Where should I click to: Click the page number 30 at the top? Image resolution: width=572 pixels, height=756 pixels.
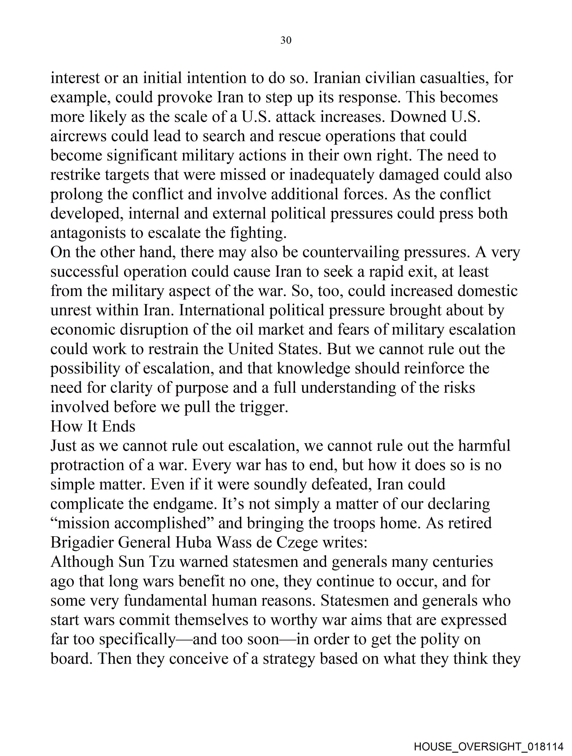click(x=286, y=40)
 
